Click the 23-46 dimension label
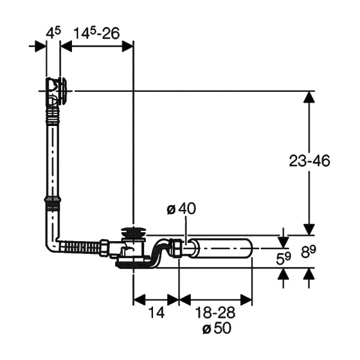pyautogui.click(x=309, y=161)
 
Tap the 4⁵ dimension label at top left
pyautogui.click(x=53, y=32)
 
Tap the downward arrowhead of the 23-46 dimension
pyautogui.click(x=309, y=229)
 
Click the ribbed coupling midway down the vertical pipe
pyautogui.click(x=52, y=202)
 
